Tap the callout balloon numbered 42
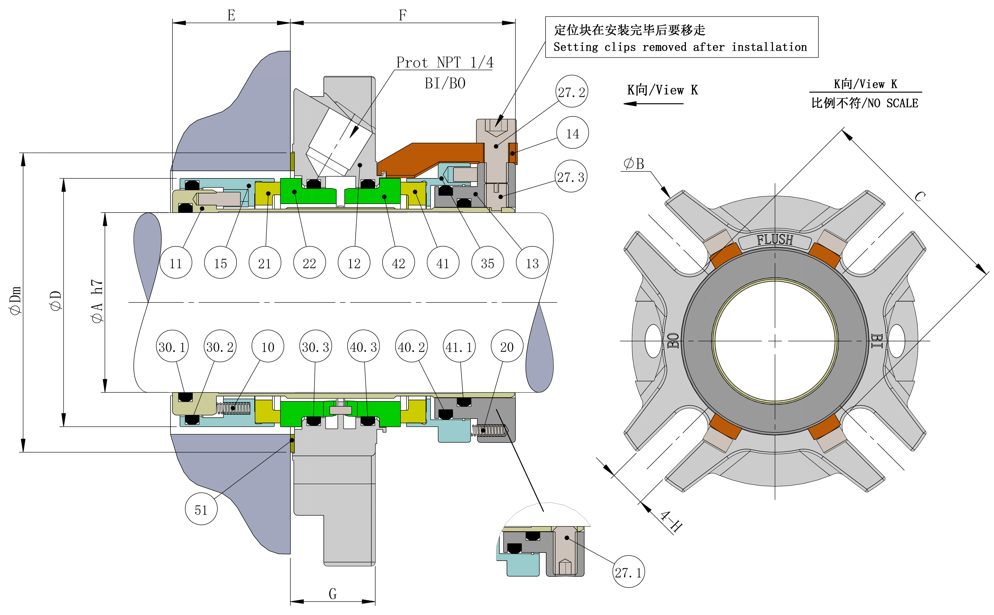[398, 263]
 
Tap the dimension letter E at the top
[231, 15]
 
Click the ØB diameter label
[634, 164]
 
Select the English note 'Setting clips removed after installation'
[680, 47]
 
